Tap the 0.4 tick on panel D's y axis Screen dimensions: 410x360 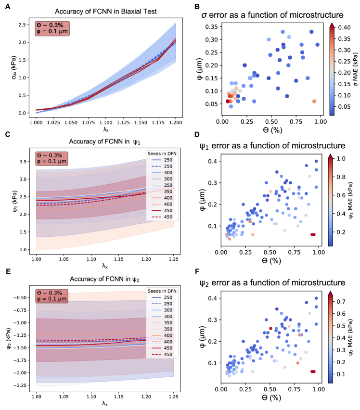(x=213, y=162)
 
